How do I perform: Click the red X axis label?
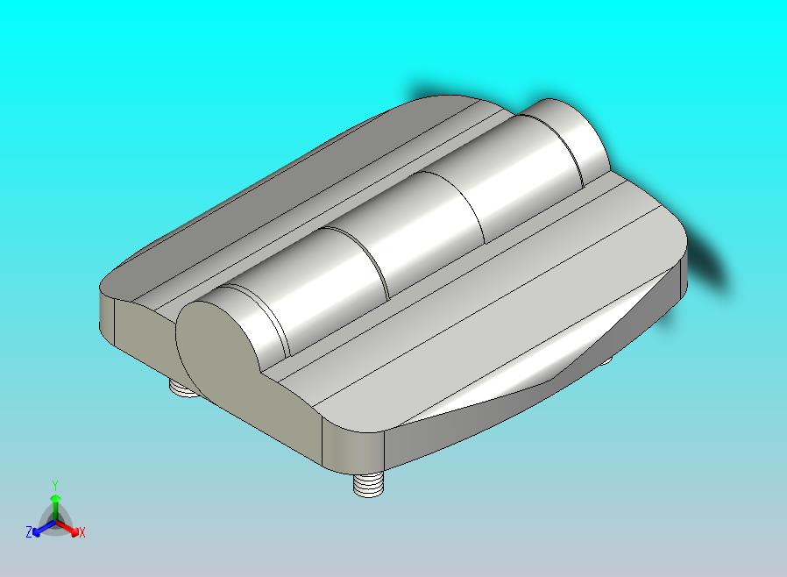pyautogui.click(x=82, y=532)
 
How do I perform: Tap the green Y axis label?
pyautogui.click(x=55, y=485)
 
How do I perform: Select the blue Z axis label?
pyautogui.click(x=29, y=532)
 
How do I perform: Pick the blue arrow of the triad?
pyautogui.click(x=41, y=528)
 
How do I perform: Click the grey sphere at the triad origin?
pyautogui.click(x=55, y=521)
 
